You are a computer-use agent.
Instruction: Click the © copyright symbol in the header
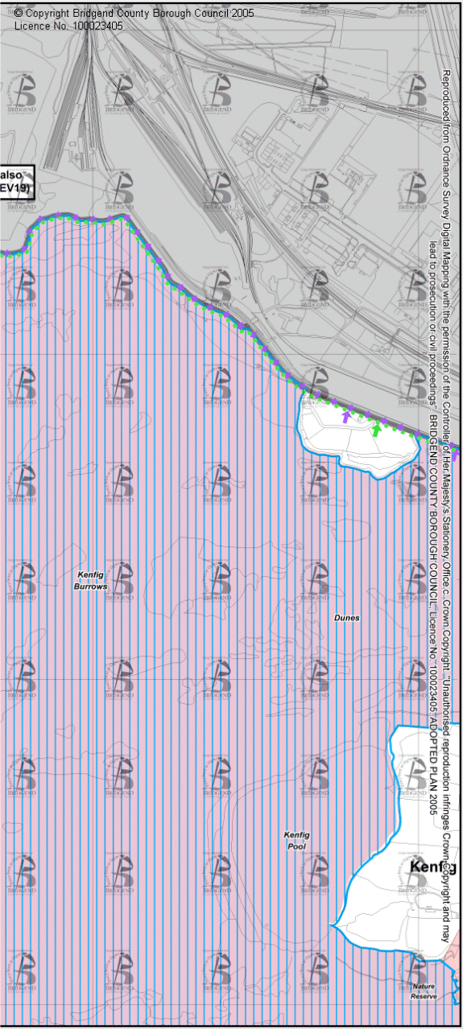[x=19, y=14]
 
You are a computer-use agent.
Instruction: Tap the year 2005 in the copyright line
[x=241, y=14]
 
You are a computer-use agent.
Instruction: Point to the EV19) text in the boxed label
[x=14, y=188]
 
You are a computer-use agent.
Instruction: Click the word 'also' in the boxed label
[x=11, y=175]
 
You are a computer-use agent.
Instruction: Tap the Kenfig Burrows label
[x=93, y=581]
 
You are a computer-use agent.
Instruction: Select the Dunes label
[x=346, y=618]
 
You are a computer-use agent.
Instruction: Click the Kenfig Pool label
[x=296, y=841]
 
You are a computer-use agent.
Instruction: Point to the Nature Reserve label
[x=424, y=991]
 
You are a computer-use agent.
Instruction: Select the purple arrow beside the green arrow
[x=347, y=416]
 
